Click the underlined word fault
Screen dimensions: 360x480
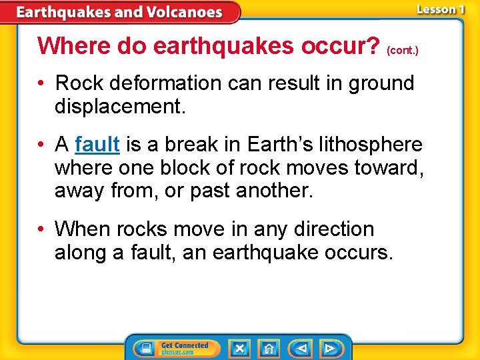97,144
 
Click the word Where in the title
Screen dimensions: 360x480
74,45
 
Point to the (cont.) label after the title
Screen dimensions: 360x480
402,50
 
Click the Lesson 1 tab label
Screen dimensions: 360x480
440,9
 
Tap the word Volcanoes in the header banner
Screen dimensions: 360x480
179,12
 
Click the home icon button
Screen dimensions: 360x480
269,349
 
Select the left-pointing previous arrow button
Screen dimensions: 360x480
302,349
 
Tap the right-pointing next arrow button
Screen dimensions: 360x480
329,349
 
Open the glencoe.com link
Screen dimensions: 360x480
177,353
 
